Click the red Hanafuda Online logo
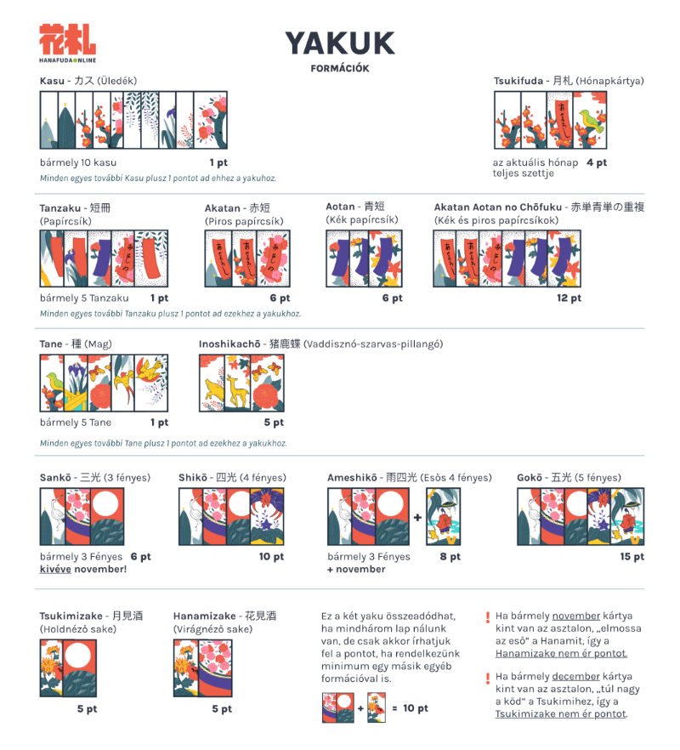tap(67, 43)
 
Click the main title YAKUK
tap(340, 43)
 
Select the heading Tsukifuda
tap(518, 81)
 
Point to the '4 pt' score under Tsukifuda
tap(597, 162)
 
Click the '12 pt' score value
tap(569, 298)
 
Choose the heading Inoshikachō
tap(229, 344)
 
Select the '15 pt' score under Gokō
tap(632, 557)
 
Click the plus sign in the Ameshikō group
tap(417, 517)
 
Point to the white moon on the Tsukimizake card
tap(78, 655)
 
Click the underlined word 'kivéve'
tap(55, 569)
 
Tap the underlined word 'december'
tap(575, 676)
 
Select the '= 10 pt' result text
tap(410, 708)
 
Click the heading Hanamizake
tap(205, 616)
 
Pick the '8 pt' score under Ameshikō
tap(450, 557)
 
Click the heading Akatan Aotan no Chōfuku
tap(498, 207)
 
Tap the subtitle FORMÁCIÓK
tap(340, 68)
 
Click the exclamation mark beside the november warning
tap(488, 617)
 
